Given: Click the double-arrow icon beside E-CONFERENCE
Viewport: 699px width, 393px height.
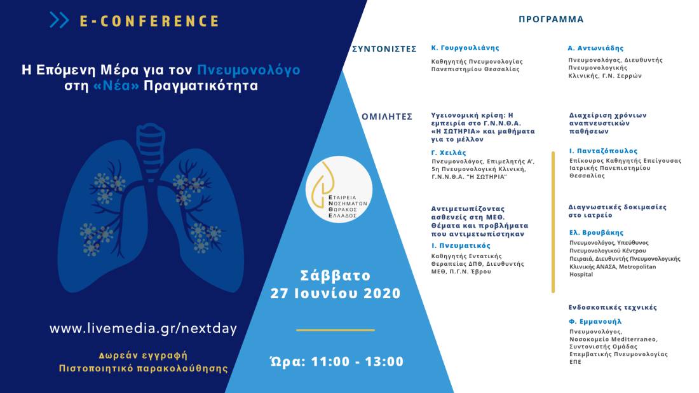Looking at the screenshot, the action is click(59, 20).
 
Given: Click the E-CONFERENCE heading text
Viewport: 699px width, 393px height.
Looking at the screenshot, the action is click(149, 21).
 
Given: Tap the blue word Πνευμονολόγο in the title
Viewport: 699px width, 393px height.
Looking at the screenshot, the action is click(248, 70).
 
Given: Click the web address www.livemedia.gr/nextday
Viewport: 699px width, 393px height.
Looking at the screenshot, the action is click(143, 329).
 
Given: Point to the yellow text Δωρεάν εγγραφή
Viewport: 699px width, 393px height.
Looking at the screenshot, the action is click(143, 355).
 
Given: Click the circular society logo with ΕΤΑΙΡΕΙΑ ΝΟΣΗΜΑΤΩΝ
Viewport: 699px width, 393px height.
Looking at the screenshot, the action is click(339, 189).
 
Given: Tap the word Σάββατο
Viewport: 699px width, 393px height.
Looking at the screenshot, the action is click(336, 275).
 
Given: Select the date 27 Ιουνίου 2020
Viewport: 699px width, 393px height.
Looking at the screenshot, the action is click(336, 293).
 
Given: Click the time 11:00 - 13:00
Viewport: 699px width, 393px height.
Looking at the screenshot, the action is click(357, 361).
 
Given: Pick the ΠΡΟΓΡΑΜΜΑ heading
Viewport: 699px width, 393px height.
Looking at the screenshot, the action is click(551, 19).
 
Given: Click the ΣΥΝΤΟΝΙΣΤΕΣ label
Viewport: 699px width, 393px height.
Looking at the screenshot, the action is click(384, 49).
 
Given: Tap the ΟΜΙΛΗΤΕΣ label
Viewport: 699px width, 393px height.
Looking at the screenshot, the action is click(387, 117).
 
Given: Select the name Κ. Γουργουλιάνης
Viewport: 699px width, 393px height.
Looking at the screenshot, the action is click(465, 48).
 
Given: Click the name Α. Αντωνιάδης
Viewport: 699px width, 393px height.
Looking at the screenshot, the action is click(595, 48).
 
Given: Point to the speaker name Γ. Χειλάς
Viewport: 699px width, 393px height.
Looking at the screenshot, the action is click(449, 153).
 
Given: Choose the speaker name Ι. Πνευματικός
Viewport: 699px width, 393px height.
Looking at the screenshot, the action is click(461, 246).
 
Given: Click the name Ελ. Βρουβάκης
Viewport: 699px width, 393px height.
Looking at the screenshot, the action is click(596, 232).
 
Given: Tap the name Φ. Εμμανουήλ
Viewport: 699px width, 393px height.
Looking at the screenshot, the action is click(595, 321).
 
